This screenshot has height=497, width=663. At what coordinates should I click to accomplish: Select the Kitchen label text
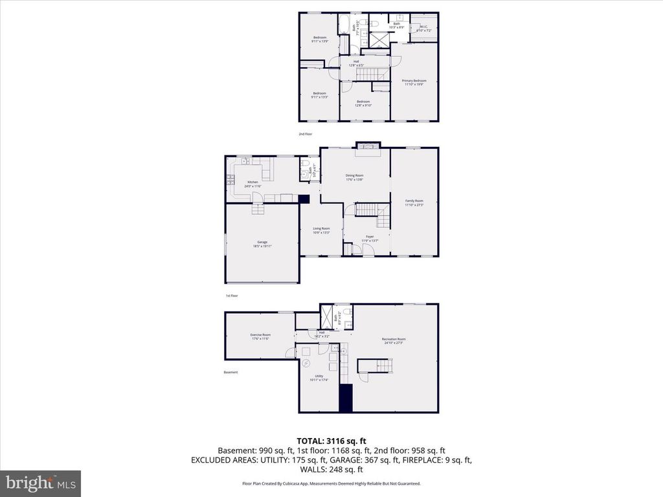pos(253,182)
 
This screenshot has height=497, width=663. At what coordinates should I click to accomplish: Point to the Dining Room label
pos(354,175)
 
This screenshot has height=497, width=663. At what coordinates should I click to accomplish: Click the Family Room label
pos(414,201)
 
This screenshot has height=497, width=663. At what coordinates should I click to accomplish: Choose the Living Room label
pos(321,228)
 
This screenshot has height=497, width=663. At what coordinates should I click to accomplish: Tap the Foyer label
pos(369,237)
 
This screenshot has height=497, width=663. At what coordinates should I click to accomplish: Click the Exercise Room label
pos(260,335)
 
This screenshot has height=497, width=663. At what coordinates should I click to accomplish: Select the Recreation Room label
pos(393,339)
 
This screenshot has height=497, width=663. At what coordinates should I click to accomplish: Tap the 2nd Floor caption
pos(305,134)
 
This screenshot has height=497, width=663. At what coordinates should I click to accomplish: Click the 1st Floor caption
pos(232,296)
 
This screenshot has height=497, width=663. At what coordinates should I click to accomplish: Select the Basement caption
pos(231,372)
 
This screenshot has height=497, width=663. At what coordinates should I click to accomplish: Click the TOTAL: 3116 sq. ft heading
pos(331,441)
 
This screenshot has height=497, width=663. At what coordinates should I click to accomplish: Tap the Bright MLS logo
pos(40,482)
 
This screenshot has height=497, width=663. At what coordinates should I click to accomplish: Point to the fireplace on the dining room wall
pos(366,146)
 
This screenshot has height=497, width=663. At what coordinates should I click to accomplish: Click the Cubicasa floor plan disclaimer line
pos(331,483)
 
